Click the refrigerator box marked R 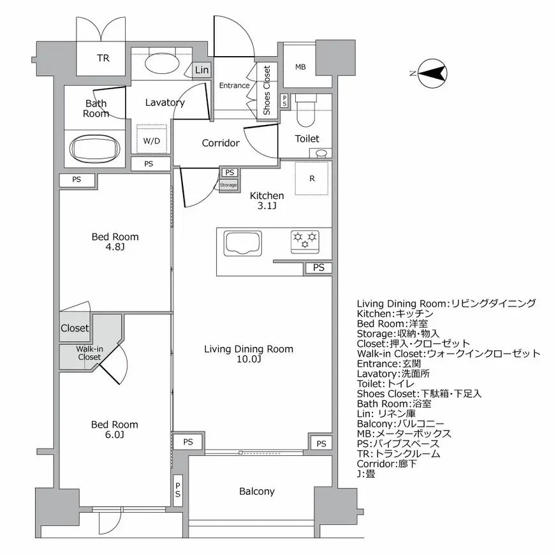(312, 179)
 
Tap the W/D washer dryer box (152, 140)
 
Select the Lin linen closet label (201, 69)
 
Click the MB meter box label (300, 66)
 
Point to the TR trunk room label (103, 59)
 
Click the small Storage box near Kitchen (228, 185)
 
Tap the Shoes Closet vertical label (267, 91)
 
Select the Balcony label (256, 491)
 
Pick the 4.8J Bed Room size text (115, 247)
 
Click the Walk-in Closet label (89, 353)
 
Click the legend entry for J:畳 (366, 474)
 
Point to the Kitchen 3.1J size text (267, 205)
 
